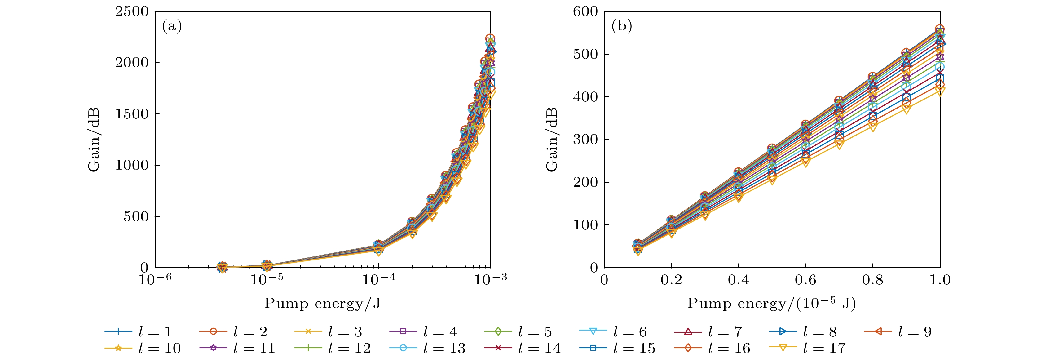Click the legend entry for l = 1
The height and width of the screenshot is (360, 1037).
(139, 332)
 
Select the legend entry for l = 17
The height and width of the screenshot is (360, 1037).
(807, 348)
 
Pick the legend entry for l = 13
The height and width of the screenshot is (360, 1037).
(427, 348)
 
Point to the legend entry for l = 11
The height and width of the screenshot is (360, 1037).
(237, 348)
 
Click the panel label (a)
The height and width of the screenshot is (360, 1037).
(172, 27)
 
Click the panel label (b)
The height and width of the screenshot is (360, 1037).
(622, 27)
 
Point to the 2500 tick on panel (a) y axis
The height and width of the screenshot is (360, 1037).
(132, 12)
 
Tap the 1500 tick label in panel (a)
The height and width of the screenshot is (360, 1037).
(132, 114)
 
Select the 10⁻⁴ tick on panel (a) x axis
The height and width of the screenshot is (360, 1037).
(378, 279)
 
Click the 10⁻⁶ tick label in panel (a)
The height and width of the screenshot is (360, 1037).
(155, 279)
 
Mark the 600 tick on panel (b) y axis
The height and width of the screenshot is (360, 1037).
(585, 12)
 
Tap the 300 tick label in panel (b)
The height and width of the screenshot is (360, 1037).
(585, 140)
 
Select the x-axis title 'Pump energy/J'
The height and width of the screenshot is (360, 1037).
(322, 303)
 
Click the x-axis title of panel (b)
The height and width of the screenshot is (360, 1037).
(771, 303)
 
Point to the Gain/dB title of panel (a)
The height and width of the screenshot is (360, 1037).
(94, 140)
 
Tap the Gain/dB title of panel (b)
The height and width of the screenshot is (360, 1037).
(552, 140)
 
